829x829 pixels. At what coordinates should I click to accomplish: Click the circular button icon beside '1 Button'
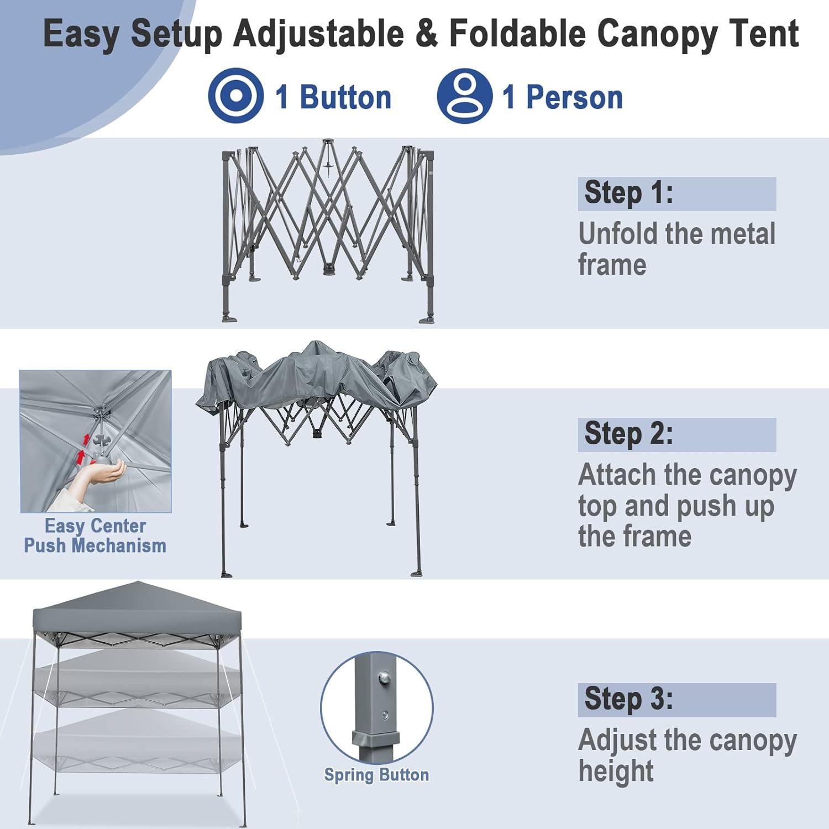click(x=236, y=95)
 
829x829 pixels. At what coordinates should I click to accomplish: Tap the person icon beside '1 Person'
click(x=464, y=96)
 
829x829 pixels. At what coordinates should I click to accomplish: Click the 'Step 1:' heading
click(x=628, y=193)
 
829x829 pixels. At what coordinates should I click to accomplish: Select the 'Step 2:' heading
click(x=628, y=434)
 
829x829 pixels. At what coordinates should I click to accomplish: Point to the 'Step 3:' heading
click(x=628, y=699)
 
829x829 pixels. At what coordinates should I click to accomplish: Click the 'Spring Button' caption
click(x=376, y=775)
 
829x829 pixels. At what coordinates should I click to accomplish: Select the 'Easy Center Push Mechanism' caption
click(x=95, y=536)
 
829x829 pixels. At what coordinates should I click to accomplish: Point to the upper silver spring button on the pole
click(x=382, y=677)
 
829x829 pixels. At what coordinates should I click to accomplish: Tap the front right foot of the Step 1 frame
click(x=427, y=319)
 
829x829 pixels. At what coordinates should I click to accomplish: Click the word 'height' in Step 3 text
click(x=616, y=772)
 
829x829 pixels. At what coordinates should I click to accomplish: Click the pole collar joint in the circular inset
click(x=376, y=738)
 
